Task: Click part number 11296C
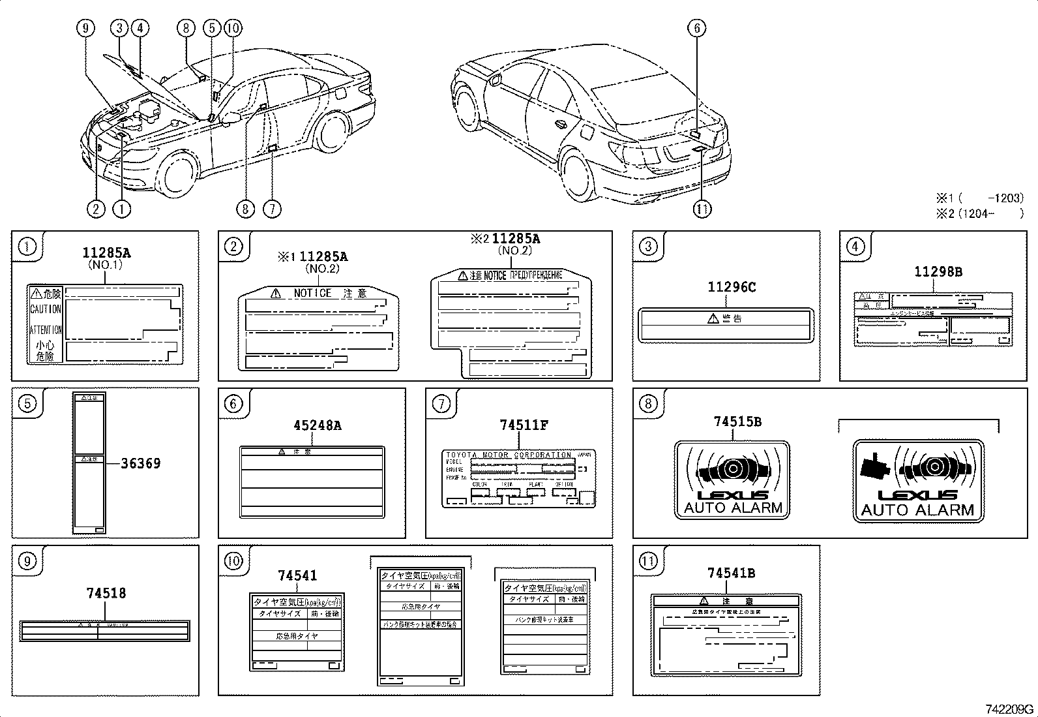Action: click(732, 287)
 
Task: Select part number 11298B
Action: click(938, 271)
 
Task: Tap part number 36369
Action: click(140, 463)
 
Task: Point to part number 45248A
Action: click(317, 425)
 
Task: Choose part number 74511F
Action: click(524, 425)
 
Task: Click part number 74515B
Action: click(737, 421)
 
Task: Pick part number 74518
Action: click(106, 593)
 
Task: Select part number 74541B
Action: click(731, 573)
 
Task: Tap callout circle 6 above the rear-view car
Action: click(696, 28)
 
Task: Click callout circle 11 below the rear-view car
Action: click(702, 209)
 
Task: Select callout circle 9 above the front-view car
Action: click(85, 28)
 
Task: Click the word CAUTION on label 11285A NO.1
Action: click(46, 309)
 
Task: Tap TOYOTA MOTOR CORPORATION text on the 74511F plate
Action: click(509, 455)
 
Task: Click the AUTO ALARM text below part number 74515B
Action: click(733, 508)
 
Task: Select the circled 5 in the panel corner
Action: click(27, 404)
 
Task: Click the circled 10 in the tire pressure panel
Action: click(233, 560)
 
